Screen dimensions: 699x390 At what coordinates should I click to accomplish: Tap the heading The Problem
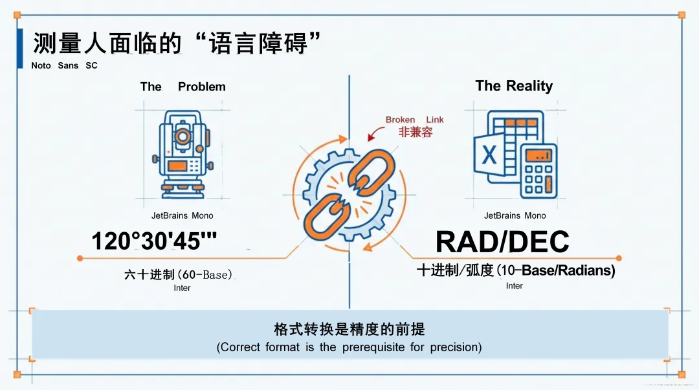[183, 87]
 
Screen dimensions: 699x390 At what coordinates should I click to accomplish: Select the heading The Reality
[514, 86]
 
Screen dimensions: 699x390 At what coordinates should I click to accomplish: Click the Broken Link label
[414, 120]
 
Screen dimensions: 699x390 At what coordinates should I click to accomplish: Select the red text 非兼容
[415, 132]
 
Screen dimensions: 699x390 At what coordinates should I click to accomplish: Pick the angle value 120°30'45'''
[154, 241]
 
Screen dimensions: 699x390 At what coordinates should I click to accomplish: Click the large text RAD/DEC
[502, 242]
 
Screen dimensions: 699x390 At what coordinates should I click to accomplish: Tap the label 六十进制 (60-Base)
[178, 275]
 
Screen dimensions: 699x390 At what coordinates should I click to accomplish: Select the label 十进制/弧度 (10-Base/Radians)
[515, 270]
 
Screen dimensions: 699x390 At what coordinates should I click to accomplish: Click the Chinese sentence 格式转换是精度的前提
[349, 329]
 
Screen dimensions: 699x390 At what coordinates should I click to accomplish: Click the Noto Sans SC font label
[64, 65]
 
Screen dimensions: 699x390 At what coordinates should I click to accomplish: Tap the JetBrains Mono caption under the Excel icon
[515, 215]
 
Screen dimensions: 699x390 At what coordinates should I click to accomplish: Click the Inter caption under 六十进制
[182, 288]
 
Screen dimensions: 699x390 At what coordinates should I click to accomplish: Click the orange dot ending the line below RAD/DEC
[619, 258]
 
